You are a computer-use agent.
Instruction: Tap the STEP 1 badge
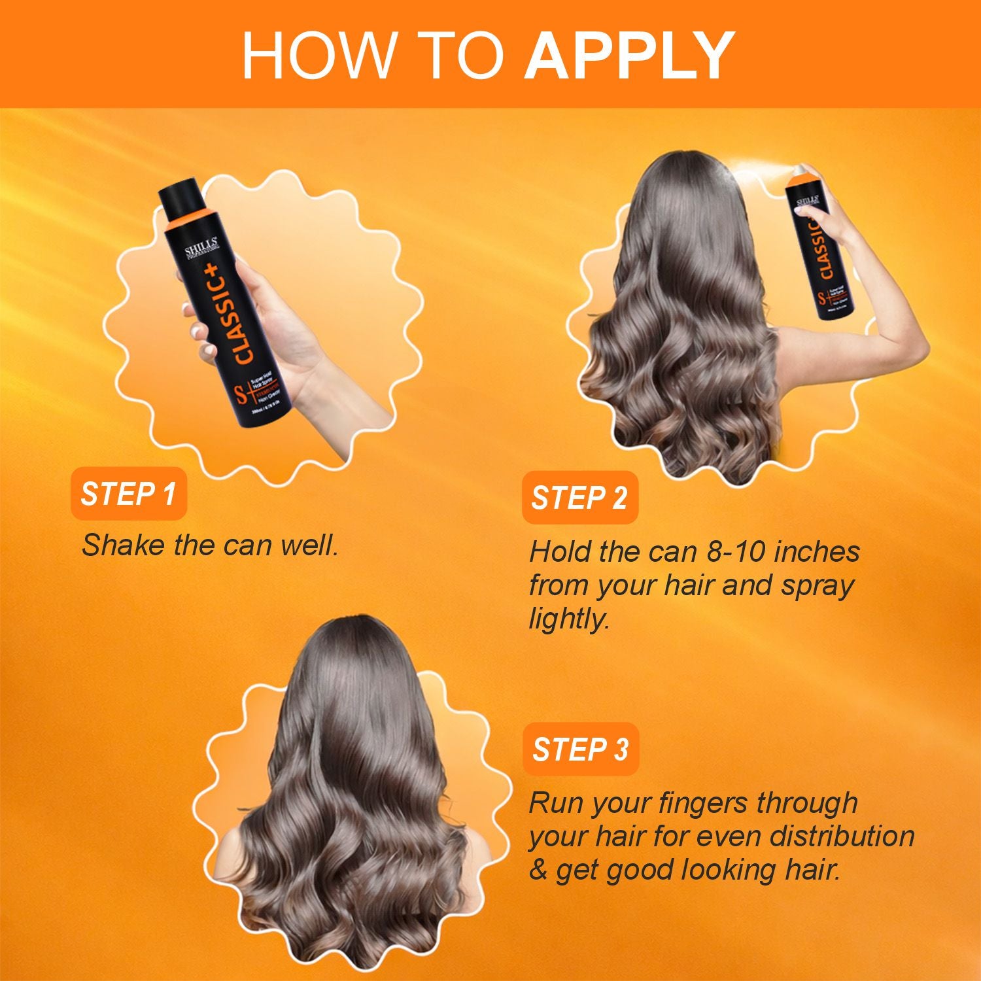click(x=128, y=494)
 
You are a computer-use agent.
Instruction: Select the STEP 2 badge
click(x=579, y=498)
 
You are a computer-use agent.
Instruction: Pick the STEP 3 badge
click(x=580, y=749)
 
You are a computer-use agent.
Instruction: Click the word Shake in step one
click(x=122, y=545)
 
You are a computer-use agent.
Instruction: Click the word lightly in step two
click(x=569, y=619)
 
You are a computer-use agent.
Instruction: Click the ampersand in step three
click(x=538, y=870)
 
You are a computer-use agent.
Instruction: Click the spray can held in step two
click(x=821, y=249)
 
